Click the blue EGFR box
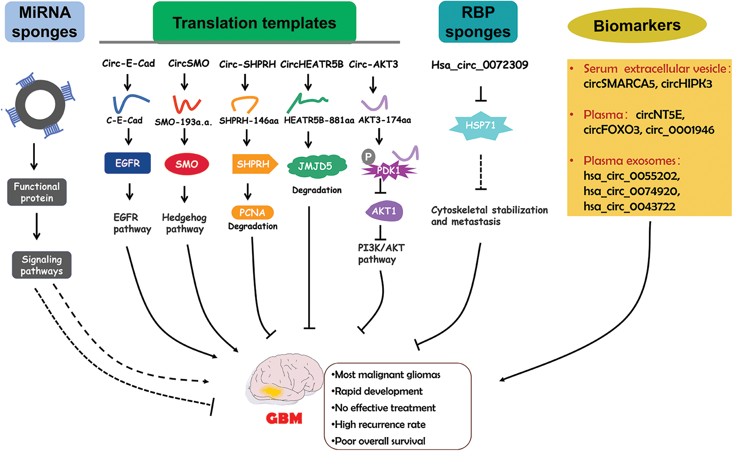click(128, 163)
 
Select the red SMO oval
click(187, 164)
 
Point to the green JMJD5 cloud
click(316, 166)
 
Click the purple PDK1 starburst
click(389, 171)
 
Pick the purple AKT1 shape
click(384, 211)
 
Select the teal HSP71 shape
click(481, 126)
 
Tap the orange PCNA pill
click(252, 213)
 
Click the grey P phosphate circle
click(368, 156)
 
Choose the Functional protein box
click(37, 192)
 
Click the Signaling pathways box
click(41, 265)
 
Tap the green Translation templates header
click(254, 22)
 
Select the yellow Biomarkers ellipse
click(637, 26)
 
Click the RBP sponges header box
click(478, 22)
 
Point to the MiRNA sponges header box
click(45, 22)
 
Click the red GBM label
click(284, 418)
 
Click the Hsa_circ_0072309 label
click(480, 65)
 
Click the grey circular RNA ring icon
click(40, 105)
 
